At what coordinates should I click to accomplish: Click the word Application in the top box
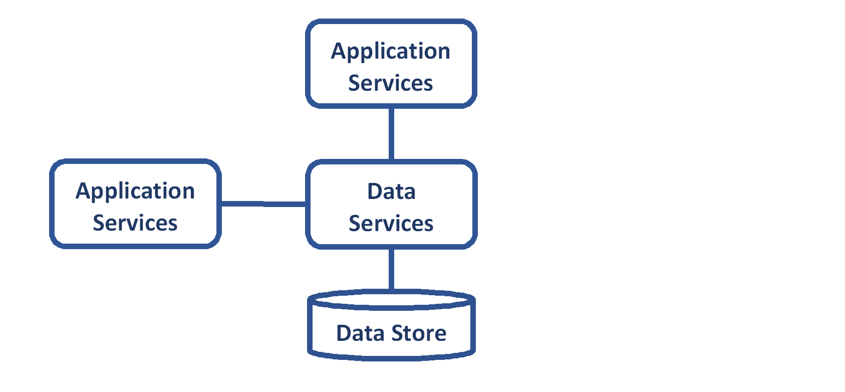click(390, 52)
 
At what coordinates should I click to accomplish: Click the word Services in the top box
click(390, 83)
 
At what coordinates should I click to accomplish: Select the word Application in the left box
click(135, 191)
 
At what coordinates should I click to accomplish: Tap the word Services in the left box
click(135, 223)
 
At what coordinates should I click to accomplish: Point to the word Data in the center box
click(391, 191)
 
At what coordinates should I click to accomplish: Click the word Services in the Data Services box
click(391, 224)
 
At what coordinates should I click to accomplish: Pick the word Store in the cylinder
click(419, 333)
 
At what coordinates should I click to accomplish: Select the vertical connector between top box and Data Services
click(391, 133)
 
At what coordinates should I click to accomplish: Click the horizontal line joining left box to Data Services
click(263, 204)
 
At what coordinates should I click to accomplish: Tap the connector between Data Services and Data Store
click(391, 269)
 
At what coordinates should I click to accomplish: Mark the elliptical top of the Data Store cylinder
click(391, 299)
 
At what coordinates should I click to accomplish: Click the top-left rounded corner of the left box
click(57, 166)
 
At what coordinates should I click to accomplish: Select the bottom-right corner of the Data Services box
click(469, 241)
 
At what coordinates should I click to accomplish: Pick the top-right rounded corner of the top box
click(469, 26)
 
